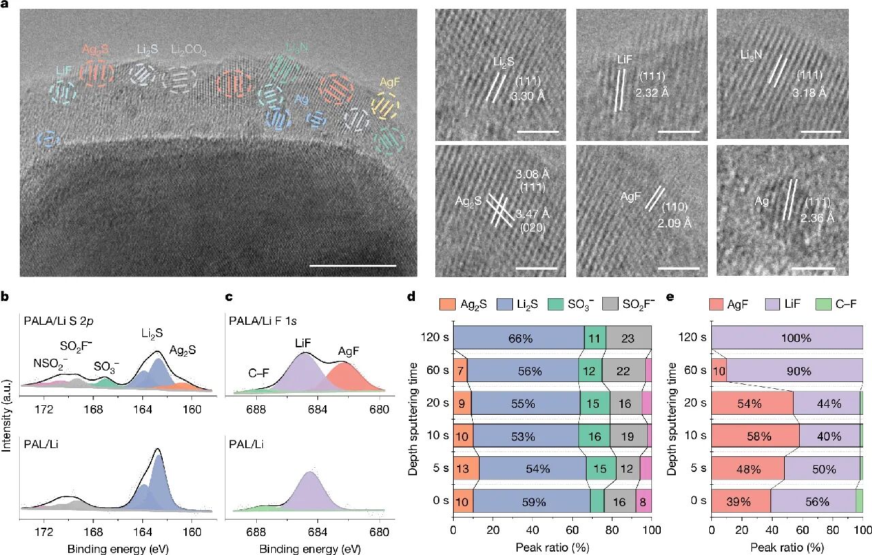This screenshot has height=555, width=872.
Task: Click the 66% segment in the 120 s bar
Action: click(x=518, y=336)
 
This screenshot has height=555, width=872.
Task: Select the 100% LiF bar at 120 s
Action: click(x=787, y=336)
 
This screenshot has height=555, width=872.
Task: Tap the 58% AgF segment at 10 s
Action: click(x=755, y=436)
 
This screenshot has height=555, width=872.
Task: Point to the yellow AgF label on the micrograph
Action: click(x=390, y=82)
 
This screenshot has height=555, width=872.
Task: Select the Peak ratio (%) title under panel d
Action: click(x=552, y=547)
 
